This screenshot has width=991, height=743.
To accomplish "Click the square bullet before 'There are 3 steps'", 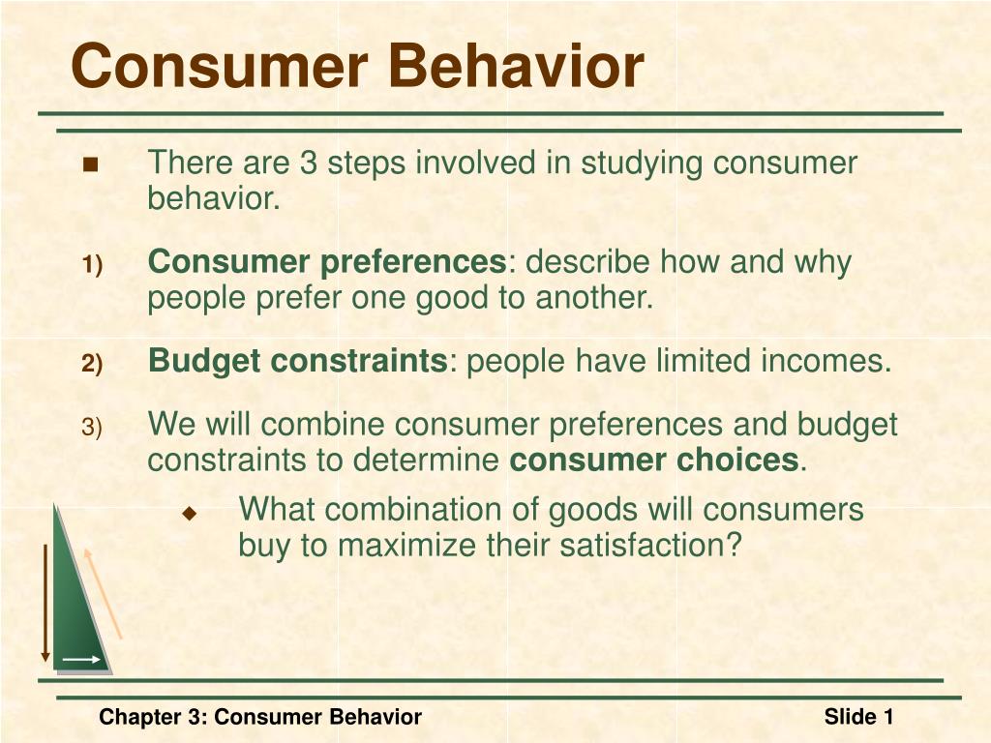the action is (x=91, y=164).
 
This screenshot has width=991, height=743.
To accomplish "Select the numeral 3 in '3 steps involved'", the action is (x=308, y=163).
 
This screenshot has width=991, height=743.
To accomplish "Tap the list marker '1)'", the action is (x=92, y=265).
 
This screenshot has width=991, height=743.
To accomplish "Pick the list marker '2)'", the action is (x=92, y=364).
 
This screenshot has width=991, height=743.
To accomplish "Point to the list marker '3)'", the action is (x=92, y=427).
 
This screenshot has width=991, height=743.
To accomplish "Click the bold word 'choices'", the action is (x=737, y=460).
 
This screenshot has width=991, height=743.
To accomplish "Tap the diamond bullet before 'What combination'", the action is (x=190, y=513).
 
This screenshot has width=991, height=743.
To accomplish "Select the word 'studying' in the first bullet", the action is (x=642, y=164).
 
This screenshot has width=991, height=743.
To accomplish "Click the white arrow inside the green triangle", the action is (x=81, y=660).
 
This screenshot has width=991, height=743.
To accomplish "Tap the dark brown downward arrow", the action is (x=45, y=603).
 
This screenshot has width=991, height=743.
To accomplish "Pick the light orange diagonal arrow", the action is (x=103, y=593).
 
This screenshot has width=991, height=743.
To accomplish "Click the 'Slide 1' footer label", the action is (x=859, y=717).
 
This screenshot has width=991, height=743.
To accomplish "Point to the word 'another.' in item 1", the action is (x=594, y=297).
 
